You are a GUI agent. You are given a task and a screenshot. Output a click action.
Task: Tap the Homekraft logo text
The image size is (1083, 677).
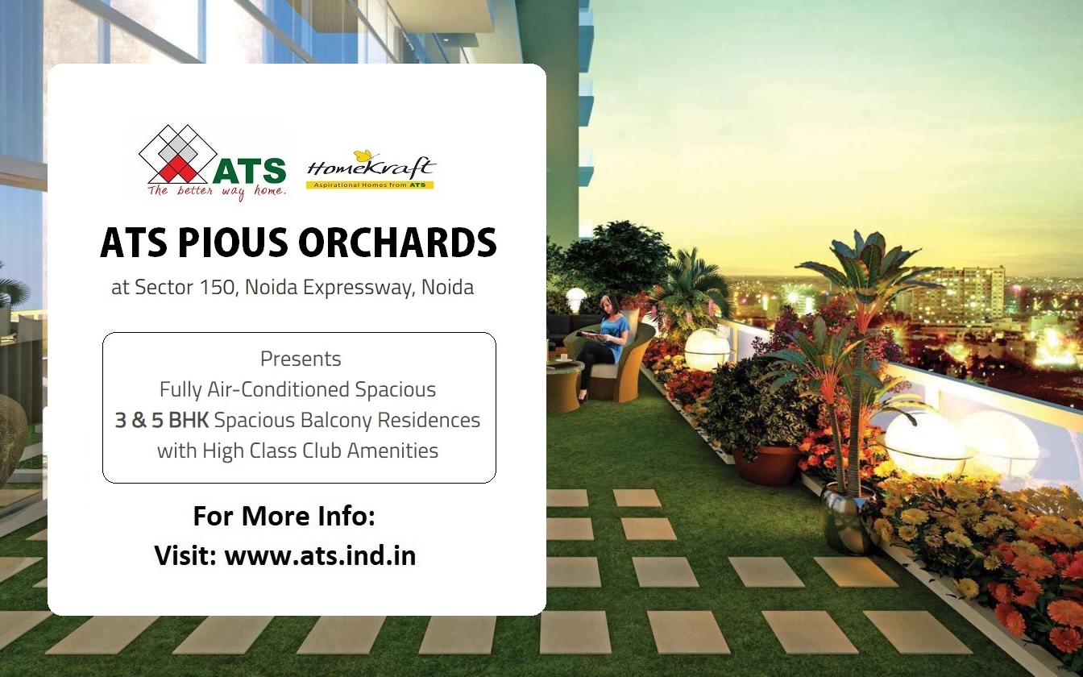[x=371, y=168]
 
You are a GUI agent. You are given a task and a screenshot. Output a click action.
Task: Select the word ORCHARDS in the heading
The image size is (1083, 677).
[x=397, y=243]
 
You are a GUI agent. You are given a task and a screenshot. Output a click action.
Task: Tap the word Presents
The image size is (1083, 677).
[x=301, y=359]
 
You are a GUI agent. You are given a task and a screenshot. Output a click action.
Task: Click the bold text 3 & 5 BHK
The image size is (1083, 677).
[x=162, y=420]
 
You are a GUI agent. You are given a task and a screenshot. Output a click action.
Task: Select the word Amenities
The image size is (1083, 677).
[x=392, y=451]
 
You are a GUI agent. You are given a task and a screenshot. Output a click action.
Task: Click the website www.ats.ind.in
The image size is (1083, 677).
[x=320, y=555]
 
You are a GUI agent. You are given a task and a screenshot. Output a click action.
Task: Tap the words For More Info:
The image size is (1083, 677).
[x=284, y=516]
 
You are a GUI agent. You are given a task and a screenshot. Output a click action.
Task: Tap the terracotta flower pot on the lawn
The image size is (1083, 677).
[x=767, y=464]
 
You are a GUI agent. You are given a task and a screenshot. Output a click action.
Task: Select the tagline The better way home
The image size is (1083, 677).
[x=217, y=192]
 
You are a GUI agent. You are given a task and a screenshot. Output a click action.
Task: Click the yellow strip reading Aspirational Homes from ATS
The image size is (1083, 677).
[x=370, y=185]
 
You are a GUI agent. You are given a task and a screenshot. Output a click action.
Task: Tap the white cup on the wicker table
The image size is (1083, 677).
[x=564, y=357]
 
